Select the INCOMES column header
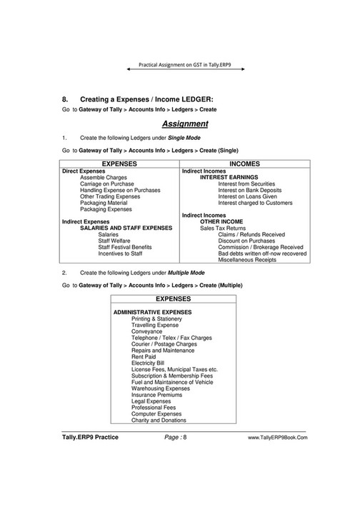(x=245, y=163)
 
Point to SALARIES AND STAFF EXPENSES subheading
(x=126, y=228)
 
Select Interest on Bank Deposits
(x=250, y=190)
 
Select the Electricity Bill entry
(x=149, y=363)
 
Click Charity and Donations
(x=159, y=420)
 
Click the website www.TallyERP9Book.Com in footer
(x=278, y=437)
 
